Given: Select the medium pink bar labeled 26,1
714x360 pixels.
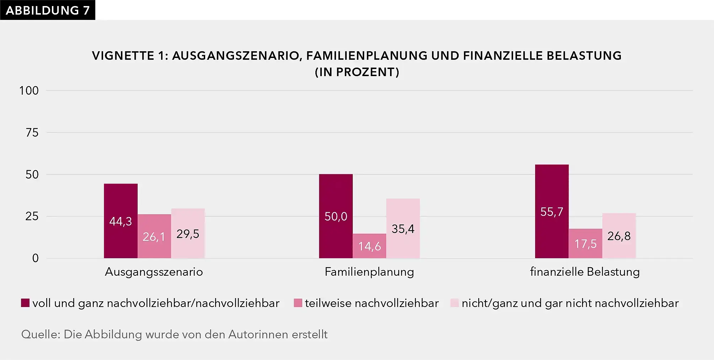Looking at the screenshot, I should (x=154, y=236).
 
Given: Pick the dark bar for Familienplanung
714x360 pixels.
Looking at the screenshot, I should (x=336, y=216).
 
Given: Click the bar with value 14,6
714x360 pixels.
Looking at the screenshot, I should (x=369, y=246).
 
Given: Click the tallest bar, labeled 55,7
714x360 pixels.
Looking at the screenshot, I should (x=552, y=211).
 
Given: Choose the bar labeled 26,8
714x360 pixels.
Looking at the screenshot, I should (x=619, y=235).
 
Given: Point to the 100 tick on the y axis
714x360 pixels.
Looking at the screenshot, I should (x=29, y=91).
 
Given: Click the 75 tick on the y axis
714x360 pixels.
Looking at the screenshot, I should (x=32, y=133).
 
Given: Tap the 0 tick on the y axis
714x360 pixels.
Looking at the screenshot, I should (x=35, y=258).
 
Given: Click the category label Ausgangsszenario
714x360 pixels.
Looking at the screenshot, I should (x=154, y=272).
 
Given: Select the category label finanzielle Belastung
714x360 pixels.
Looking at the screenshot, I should (x=585, y=272).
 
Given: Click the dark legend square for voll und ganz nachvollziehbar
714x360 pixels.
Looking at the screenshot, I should (x=25, y=303).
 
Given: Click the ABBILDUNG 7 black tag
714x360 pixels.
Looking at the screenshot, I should (x=48, y=10).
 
